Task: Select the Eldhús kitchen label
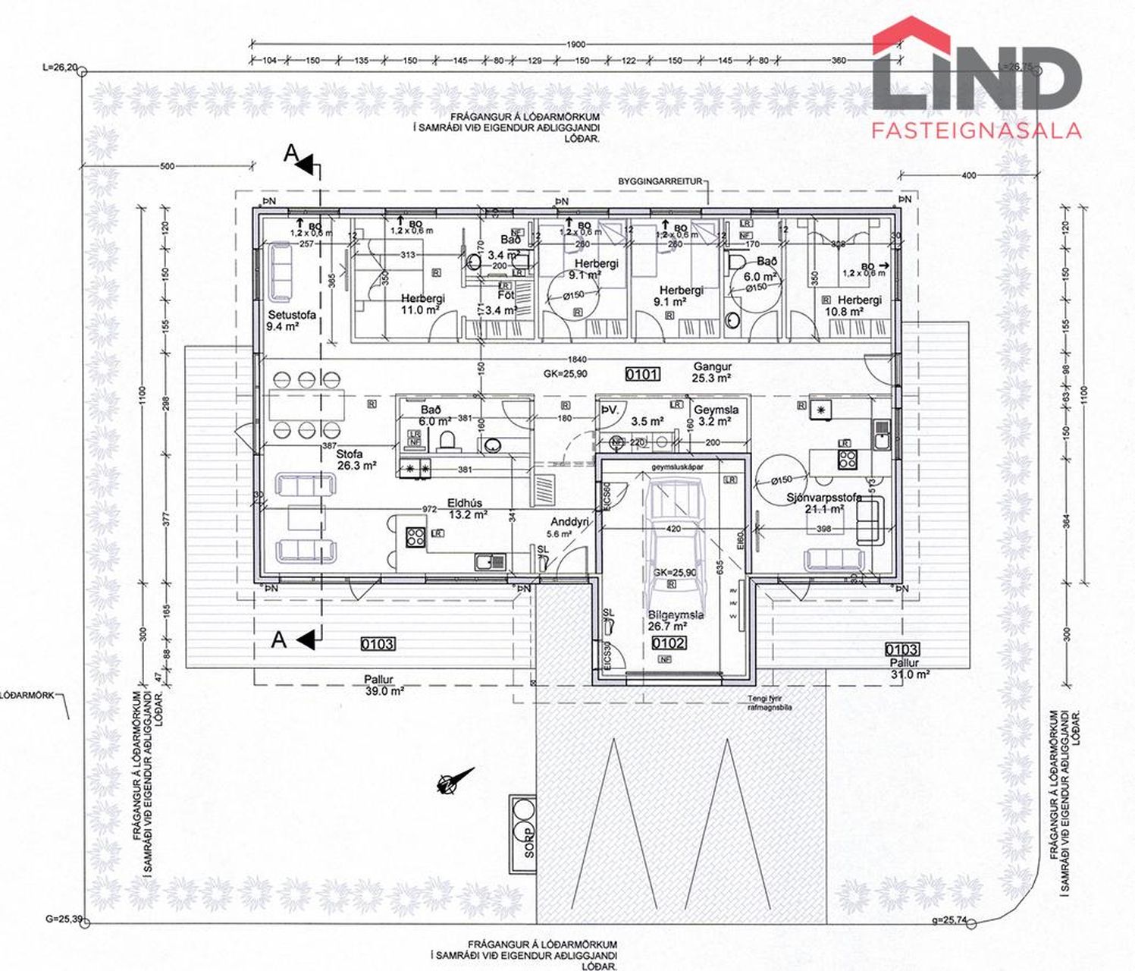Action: pos(465,508)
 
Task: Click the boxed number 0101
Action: pos(642,373)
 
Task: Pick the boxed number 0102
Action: pos(669,643)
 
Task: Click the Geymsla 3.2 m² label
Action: pos(715,415)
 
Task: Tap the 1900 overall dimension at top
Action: pos(576,44)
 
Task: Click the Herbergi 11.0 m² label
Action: pos(422,304)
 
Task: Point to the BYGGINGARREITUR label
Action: pos(660,182)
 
